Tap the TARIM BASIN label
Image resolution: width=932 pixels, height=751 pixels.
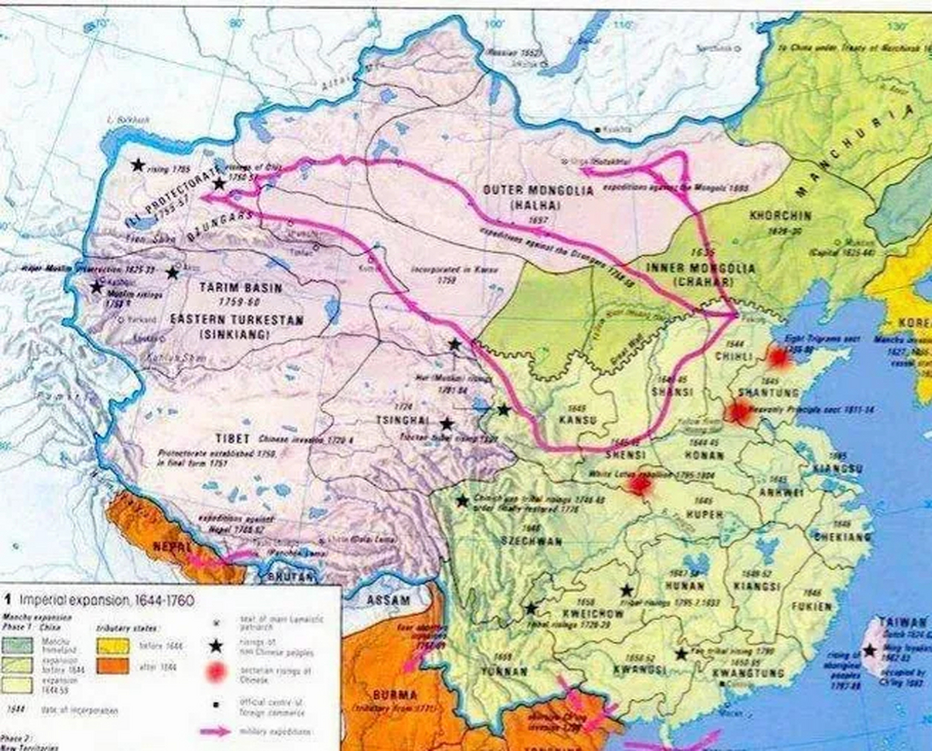pyautogui.click(x=240, y=288)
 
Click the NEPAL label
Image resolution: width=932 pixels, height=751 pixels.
pyautogui.click(x=172, y=546)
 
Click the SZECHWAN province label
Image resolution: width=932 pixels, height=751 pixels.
pyautogui.click(x=531, y=541)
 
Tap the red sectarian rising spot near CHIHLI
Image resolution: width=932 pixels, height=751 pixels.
pyautogui.click(x=778, y=356)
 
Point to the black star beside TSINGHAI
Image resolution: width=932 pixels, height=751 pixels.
pyautogui.click(x=446, y=424)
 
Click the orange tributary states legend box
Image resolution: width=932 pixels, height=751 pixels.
pyautogui.click(x=113, y=667)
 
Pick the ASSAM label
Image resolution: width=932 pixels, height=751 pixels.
pyautogui.click(x=388, y=600)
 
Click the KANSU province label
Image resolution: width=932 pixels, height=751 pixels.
pyautogui.click(x=577, y=420)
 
